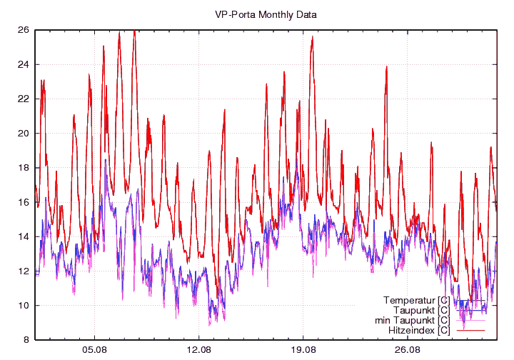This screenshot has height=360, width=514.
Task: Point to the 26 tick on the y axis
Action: [23, 30]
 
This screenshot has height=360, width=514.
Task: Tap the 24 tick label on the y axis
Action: [23, 64]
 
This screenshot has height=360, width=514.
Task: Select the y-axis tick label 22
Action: [23, 99]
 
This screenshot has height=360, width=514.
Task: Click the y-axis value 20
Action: [23, 134]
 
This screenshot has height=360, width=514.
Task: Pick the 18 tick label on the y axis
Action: [23, 168]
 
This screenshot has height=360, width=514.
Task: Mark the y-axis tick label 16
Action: [23, 202]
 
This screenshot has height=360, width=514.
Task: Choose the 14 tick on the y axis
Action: [23, 236]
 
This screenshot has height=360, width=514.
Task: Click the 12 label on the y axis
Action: [23, 271]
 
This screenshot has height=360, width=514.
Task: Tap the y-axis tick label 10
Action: [23, 306]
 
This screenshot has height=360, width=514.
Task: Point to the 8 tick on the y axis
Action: [26, 340]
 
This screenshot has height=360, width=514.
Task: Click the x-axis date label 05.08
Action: [95, 350]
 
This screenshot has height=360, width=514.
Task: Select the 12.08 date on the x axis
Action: [199, 350]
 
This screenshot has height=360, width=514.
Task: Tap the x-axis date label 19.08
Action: [303, 350]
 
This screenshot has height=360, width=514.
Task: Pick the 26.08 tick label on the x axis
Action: [408, 350]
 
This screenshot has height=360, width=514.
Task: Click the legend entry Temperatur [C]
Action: [416, 299]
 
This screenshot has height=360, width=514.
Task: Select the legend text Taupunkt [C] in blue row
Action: [421, 310]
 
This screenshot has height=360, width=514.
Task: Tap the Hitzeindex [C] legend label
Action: [419, 331]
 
